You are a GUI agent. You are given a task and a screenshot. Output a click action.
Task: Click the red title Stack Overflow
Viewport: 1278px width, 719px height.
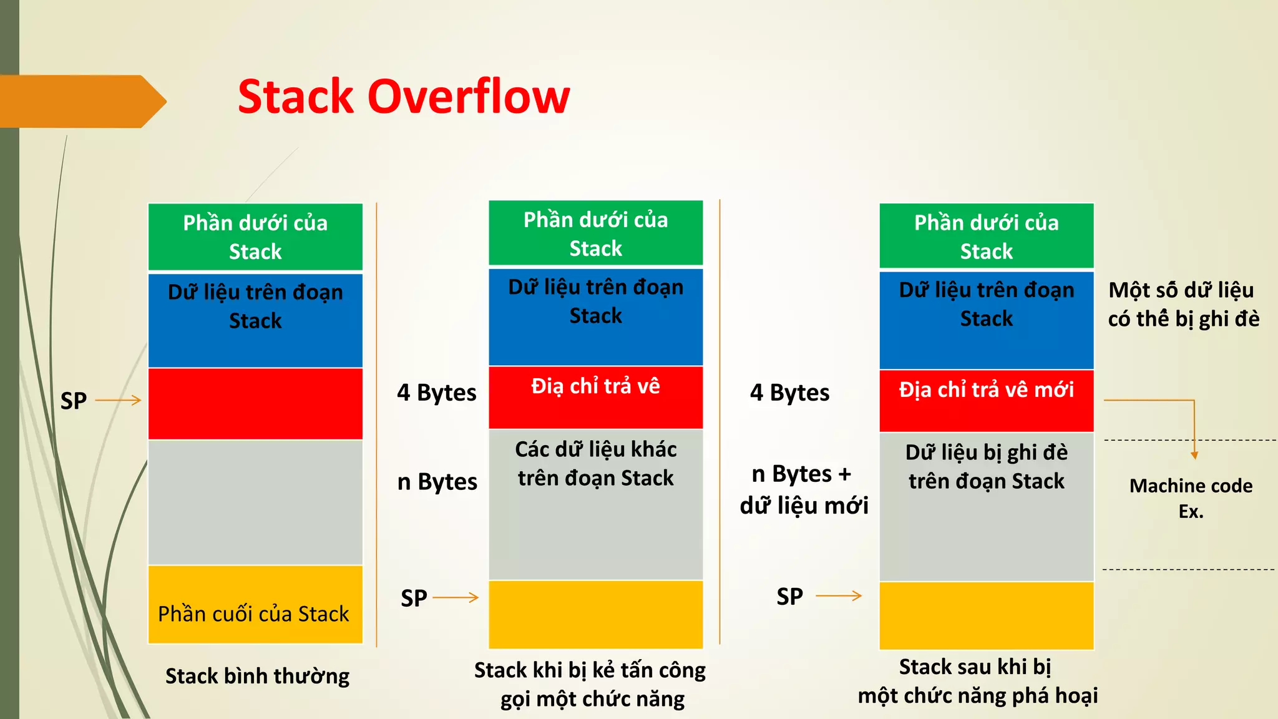click(404, 97)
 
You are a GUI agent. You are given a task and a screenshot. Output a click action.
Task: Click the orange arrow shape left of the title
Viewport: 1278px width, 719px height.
click(81, 101)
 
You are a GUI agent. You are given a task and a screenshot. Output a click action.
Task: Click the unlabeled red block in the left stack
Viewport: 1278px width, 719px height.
click(255, 404)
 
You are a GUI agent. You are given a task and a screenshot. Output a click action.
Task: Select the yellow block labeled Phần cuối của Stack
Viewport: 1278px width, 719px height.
click(255, 604)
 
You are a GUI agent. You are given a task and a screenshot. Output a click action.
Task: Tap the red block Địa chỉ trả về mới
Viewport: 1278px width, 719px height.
click(986, 400)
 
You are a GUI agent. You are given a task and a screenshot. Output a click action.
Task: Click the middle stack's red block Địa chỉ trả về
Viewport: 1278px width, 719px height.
click(595, 397)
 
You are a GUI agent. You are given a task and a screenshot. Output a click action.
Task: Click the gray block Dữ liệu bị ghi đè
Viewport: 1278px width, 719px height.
click(986, 506)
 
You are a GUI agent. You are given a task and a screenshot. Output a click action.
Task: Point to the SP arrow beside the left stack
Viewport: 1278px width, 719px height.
click(118, 400)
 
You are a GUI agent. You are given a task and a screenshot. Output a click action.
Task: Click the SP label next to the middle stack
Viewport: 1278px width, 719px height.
click(414, 598)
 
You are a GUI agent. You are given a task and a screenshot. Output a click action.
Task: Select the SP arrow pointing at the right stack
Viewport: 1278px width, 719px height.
click(838, 596)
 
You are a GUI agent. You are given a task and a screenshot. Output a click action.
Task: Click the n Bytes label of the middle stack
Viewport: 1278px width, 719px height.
click(437, 482)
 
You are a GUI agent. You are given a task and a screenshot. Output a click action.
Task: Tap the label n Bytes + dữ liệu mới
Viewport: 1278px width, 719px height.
click(803, 489)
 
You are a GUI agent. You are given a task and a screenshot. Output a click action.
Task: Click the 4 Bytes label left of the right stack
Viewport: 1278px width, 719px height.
click(789, 393)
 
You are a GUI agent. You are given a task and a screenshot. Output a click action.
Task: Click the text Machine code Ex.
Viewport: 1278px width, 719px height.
click(1190, 498)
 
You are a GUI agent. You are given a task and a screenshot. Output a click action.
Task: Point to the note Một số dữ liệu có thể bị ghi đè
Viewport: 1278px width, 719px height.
click(1183, 304)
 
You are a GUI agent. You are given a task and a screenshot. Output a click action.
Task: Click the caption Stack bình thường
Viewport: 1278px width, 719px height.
click(257, 676)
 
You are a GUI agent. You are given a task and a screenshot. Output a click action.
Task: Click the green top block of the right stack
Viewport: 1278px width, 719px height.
click(986, 236)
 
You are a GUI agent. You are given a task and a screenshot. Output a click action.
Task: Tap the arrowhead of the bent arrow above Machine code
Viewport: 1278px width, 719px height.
click(1194, 456)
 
